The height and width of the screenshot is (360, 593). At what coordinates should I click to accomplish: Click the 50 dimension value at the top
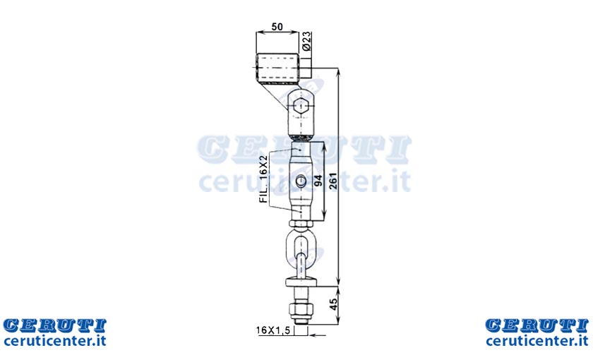pyautogui.click(x=277, y=27)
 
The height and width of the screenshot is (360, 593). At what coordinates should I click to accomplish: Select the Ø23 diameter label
pyautogui.click(x=306, y=41)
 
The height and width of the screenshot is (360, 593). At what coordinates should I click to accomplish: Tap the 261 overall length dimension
pyautogui.click(x=333, y=181)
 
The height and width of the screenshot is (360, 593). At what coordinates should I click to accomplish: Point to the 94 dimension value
pyautogui.click(x=318, y=181)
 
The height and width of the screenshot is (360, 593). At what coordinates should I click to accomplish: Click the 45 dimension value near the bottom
pyautogui.click(x=333, y=304)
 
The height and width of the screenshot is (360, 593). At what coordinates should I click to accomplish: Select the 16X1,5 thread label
pyautogui.click(x=273, y=330)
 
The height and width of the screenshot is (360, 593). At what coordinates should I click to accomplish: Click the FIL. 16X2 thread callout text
pyautogui.click(x=264, y=179)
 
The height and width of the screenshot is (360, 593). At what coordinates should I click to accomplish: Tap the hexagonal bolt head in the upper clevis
pyautogui.click(x=301, y=104)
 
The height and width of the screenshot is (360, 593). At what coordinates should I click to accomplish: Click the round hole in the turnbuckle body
pyautogui.click(x=301, y=182)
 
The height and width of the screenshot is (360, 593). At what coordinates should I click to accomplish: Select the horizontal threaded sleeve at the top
pyautogui.click(x=277, y=68)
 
